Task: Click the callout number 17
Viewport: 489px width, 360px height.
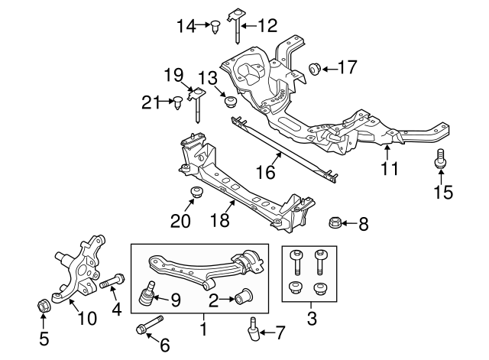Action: tap(347, 68)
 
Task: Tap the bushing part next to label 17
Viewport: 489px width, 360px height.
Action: tap(314, 70)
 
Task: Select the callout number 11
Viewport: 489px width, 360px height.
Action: tap(390, 168)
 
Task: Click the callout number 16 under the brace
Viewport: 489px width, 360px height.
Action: tap(264, 173)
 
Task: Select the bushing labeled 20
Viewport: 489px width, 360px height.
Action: tap(196, 192)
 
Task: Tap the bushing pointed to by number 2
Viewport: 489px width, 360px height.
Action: tap(247, 294)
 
